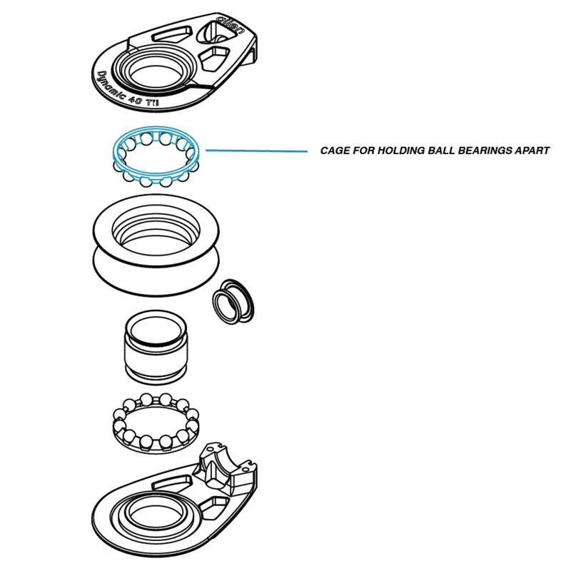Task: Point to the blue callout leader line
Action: [x=257, y=151]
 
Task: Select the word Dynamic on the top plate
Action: [x=111, y=86]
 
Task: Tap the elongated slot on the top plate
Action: [x=171, y=34]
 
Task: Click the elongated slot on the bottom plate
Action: [x=171, y=483]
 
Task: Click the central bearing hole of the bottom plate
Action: [x=156, y=515]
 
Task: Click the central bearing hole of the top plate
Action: [x=157, y=77]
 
